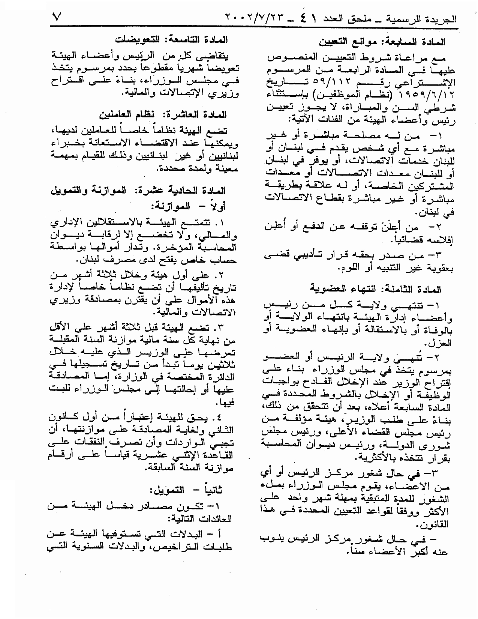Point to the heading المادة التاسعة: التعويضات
click(x=172, y=39)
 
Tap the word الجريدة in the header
click(x=443, y=18)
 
